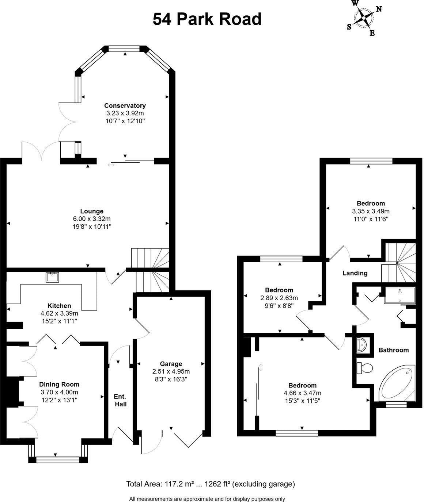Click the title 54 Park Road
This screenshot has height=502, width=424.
[x=207, y=19]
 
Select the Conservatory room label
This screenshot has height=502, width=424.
[x=125, y=105]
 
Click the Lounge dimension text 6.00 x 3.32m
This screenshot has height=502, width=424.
[x=92, y=219]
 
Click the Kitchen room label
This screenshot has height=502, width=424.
[x=59, y=306]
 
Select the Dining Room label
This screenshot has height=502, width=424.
[x=59, y=384]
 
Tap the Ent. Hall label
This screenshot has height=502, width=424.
[x=120, y=400]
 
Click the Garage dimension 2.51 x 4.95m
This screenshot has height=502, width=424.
[x=171, y=371]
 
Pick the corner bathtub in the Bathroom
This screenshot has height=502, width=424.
[x=397, y=383]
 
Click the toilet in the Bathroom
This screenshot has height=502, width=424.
[x=364, y=368]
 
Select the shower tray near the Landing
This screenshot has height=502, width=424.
[x=400, y=295]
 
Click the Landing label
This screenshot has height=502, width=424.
[x=355, y=273]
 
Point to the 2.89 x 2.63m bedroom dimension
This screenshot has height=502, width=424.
[x=279, y=298]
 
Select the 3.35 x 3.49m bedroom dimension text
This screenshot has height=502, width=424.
[x=371, y=211]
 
